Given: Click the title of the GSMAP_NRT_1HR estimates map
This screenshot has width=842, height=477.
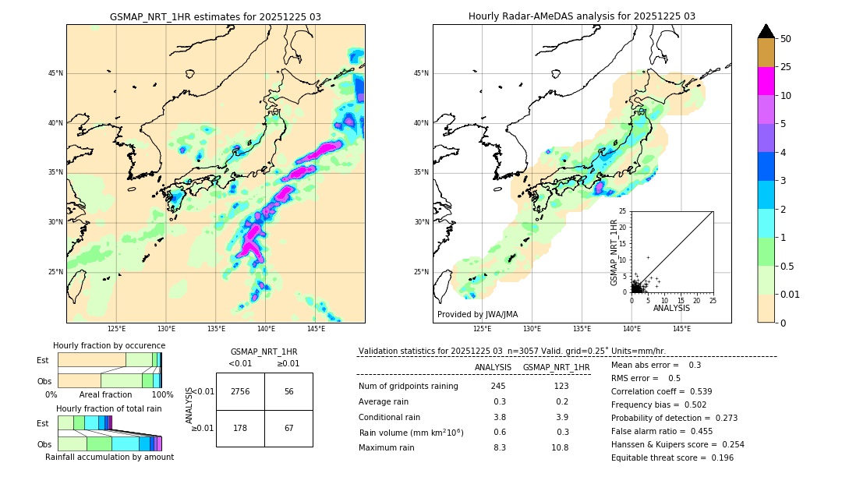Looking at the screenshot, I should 215,16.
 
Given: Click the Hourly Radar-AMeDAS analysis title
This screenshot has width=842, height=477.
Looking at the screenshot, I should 582,16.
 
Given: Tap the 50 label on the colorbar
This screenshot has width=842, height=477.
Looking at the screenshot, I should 786,39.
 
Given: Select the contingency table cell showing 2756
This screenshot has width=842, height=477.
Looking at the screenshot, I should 240,391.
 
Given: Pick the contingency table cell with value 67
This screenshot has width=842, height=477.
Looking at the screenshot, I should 288,428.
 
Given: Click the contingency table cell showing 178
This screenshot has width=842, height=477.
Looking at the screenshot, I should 240,428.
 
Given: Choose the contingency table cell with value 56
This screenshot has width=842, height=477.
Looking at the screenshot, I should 288,391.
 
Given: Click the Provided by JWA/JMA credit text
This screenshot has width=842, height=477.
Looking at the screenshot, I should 477,314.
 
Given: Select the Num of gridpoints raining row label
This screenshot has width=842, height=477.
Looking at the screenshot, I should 409,386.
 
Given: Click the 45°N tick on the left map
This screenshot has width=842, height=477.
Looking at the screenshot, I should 55,73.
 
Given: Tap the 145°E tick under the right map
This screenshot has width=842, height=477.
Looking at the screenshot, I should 681,329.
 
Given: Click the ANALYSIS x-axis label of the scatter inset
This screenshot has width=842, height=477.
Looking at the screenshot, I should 671,308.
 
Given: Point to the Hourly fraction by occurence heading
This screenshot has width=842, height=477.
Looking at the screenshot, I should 109,345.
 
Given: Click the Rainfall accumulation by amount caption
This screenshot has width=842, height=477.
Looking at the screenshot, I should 109,457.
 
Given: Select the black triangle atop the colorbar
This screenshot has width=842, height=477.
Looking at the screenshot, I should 766,31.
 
